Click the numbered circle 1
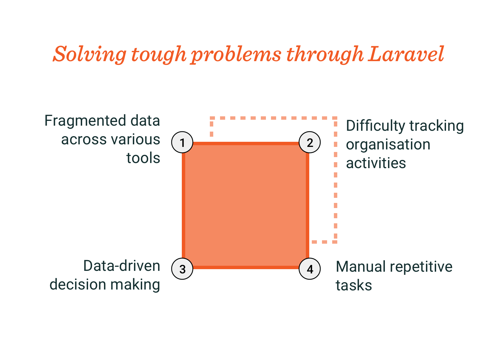[x=182, y=142]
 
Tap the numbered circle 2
[x=310, y=142]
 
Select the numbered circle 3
[x=182, y=269]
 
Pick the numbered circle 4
[x=310, y=269]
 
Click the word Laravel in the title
[x=406, y=54]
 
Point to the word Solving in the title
[x=90, y=54]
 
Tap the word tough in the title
[x=159, y=54]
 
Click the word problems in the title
[x=236, y=54]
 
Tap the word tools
[x=143, y=158]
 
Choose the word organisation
[x=388, y=145]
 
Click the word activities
[x=376, y=163]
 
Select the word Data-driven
[x=122, y=266]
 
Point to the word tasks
[x=354, y=285]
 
